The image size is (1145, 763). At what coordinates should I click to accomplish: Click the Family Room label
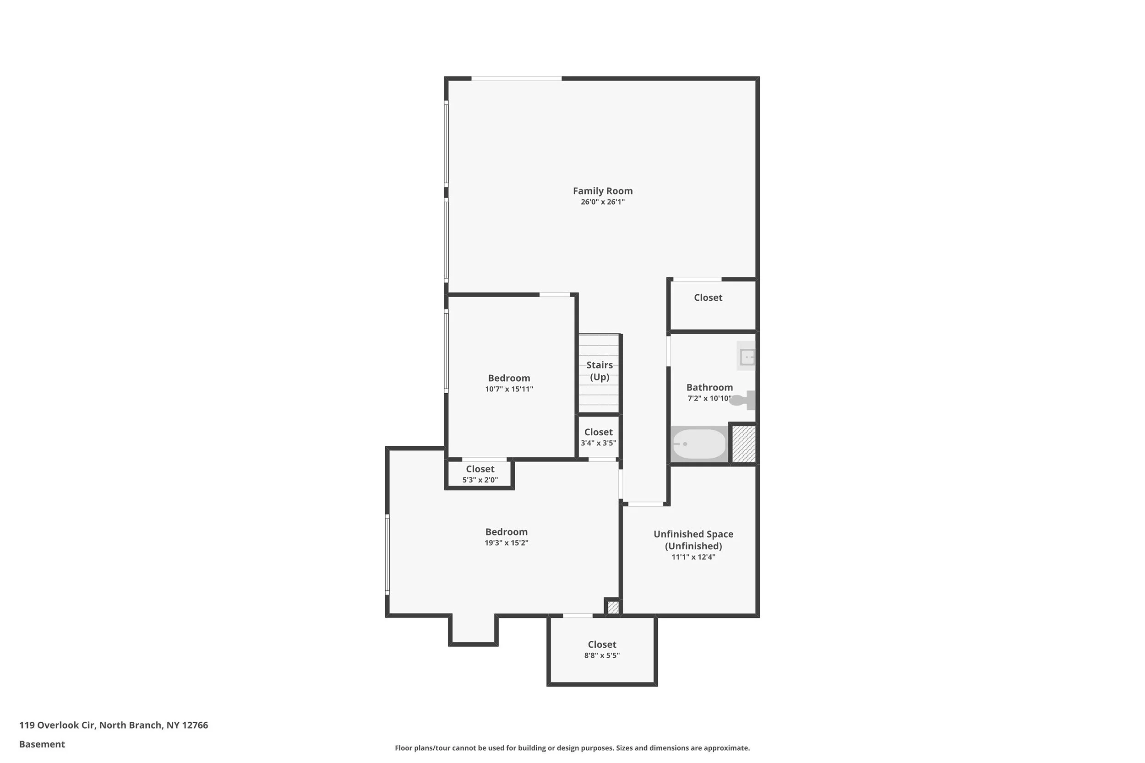tap(602, 191)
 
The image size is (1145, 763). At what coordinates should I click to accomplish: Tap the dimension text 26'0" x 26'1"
tap(602, 202)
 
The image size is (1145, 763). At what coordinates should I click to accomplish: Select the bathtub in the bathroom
tap(699, 444)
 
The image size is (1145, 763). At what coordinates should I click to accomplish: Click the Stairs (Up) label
tap(599, 371)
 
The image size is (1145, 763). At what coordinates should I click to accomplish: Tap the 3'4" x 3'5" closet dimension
tap(598, 443)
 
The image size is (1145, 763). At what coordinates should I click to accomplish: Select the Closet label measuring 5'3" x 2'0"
tap(480, 469)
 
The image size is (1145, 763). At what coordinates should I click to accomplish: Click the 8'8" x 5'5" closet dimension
tap(602, 655)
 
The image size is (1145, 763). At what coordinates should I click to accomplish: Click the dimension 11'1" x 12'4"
tap(693, 557)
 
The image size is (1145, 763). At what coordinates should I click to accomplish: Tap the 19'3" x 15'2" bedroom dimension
tap(506, 542)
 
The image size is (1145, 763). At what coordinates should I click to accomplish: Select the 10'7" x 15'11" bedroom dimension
tap(509, 389)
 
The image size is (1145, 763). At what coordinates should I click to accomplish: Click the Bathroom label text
tap(709, 387)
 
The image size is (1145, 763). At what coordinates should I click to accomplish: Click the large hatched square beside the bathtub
tap(744, 444)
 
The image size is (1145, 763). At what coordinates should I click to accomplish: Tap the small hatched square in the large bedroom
tap(613, 607)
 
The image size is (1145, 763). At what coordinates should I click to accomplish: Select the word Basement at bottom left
tap(42, 744)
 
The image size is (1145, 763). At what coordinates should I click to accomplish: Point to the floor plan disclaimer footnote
tap(572, 748)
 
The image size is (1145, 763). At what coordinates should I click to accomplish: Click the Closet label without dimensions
tap(708, 298)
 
